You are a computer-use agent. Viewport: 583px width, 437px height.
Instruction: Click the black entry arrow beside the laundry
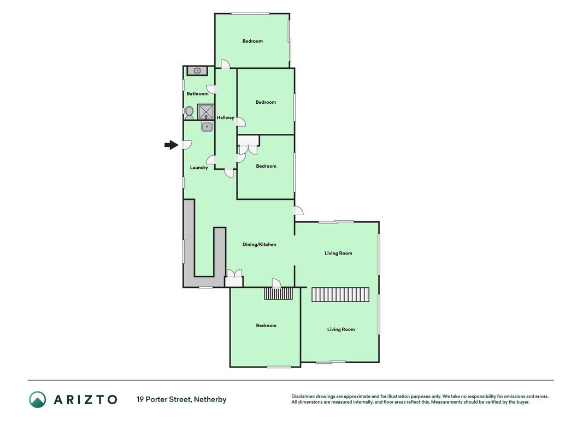(x=171, y=145)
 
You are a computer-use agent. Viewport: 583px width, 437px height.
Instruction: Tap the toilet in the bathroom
(x=189, y=113)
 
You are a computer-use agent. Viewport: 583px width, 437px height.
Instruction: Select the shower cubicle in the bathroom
(x=205, y=112)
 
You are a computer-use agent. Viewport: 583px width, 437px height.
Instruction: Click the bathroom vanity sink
(x=197, y=70)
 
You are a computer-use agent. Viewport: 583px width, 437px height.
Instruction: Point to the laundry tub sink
(x=207, y=126)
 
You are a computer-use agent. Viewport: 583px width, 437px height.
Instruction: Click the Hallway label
(x=226, y=118)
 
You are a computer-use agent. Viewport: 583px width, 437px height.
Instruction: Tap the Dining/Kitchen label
(x=259, y=245)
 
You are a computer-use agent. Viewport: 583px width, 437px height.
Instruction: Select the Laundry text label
(x=199, y=168)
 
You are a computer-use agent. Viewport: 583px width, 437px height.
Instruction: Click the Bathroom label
(x=197, y=93)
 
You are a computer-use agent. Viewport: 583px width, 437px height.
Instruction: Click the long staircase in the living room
(x=340, y=294)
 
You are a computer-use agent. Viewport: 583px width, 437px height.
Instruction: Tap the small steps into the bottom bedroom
(x=279, y=293)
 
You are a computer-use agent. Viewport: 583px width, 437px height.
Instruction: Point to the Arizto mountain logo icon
(x=38, y=399)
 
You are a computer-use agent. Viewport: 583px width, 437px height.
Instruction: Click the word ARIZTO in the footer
(x=86, y=399)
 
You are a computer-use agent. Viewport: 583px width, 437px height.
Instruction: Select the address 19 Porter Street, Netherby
(x=181, y=399)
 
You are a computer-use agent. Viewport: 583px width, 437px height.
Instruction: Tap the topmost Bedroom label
(x=252, y=42)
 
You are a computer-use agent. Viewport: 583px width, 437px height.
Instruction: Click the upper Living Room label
(x=338, y=253)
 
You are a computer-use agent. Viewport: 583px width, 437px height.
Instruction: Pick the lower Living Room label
(x=341, y=329)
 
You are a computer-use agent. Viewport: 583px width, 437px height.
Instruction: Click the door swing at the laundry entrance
(x=187, y=145)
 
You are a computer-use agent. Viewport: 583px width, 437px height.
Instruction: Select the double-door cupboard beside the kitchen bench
(x=234, y=278)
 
